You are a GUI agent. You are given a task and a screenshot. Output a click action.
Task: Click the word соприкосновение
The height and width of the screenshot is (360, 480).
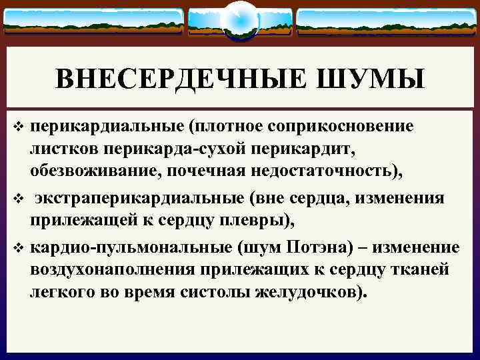tap(347, 126)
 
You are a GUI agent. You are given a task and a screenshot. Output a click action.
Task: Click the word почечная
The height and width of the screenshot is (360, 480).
tap(215, 171)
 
